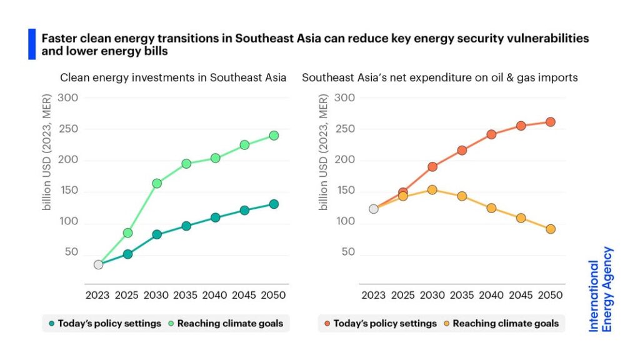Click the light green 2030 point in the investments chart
(x=157, y=183)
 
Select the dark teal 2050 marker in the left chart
(x=274, y=204)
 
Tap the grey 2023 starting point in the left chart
(x=98, y=264)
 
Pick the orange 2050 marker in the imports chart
(x=550, y=122)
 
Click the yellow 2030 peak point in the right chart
(x=432, y=190)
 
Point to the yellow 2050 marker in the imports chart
(x=550, y=229)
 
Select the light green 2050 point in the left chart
(x=274, y=135)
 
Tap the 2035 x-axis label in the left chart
(x=186, y=294)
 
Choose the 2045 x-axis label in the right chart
(x=521, y=294)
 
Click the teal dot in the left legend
(x=51, y=324)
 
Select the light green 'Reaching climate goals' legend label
(x=230, y=324)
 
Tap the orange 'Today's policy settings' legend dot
(x=327, y=324)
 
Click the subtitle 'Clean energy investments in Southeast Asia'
(x=173, y=78)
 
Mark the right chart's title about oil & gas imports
(x=439, y=78)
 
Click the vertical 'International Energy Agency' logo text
(x=601, y=289)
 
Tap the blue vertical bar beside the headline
(x=32, y=44)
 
